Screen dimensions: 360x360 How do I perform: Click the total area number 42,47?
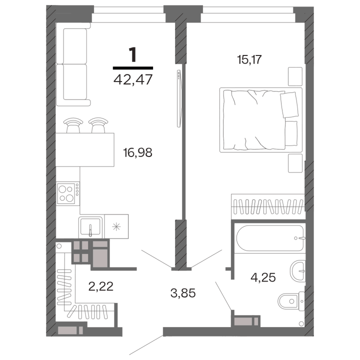(133, 79)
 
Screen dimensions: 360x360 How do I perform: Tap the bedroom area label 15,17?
(249, 59)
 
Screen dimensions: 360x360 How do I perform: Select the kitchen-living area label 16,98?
(137, 152)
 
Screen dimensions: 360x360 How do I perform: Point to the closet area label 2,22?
(101, 286)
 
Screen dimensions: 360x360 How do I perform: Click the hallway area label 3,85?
(183, 293)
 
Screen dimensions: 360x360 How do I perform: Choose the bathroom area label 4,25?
(263, 277)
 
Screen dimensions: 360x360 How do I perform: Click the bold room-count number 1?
(133, 54)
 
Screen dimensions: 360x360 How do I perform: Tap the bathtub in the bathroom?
(270, 238)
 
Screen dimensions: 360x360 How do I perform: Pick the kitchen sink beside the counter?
(90, 227)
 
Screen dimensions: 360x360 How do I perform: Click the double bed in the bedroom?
(261, 120)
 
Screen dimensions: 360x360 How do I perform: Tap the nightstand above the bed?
(295, 76)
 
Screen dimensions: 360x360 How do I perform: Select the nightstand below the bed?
(295, 163)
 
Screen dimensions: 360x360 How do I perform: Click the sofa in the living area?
(73, 64)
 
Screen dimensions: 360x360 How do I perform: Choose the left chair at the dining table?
(73, 126)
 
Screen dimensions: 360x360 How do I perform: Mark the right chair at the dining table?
(98, 126)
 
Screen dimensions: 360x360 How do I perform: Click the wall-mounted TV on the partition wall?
(178, 98)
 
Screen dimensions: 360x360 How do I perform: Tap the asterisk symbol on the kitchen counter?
(116, 227)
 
